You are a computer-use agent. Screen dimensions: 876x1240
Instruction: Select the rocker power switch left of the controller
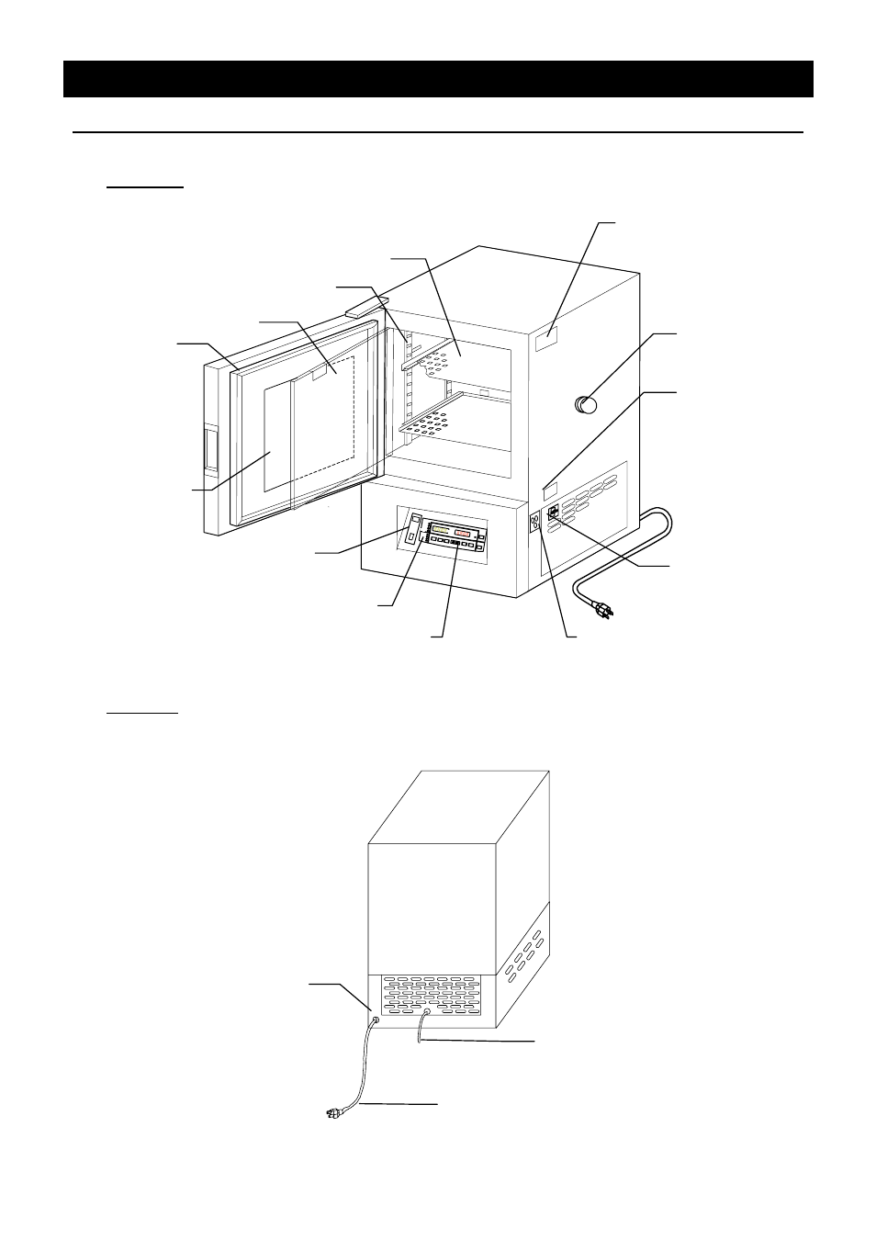tap(413, 527)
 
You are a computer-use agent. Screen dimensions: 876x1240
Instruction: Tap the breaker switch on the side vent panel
tap(552, 515)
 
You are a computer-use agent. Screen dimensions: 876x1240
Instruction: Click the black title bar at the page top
tap(438, 79)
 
